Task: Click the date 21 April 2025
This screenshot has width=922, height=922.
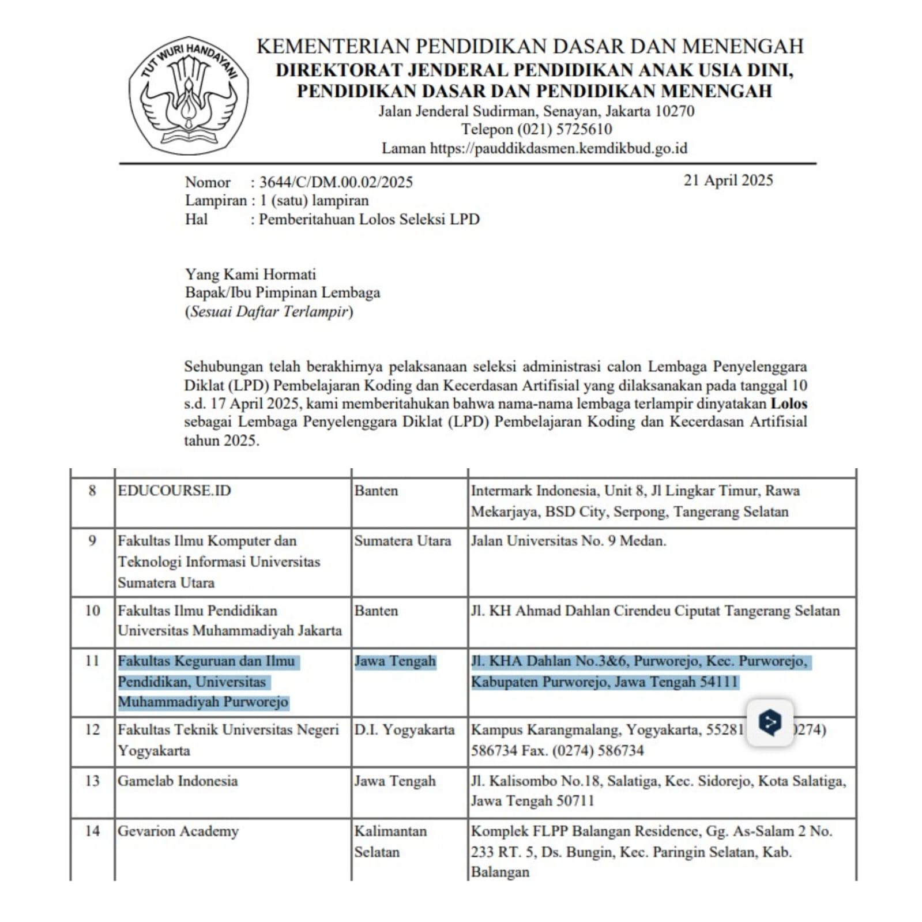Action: [728, 180]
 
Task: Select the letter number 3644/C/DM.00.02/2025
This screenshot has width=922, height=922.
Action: [336, 182]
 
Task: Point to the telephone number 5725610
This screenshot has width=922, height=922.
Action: [584, 129]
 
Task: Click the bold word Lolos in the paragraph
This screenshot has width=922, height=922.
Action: [788, 403]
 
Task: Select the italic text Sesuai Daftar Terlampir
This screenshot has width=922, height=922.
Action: [269, 311]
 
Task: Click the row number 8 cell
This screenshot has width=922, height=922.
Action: [92, 491]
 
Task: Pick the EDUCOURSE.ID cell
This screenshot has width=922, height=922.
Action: [174, 491]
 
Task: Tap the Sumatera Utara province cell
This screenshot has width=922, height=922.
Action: [402, 541]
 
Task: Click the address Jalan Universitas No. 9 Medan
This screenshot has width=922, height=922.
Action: [568, 541]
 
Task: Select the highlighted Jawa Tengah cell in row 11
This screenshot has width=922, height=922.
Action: [395, 661]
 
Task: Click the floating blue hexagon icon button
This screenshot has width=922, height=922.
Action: [770, 722]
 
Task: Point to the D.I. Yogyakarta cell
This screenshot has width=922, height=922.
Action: [404, 730]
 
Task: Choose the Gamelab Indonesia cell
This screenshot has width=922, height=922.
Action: [178, 781]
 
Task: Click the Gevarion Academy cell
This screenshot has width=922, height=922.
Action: [178, 831]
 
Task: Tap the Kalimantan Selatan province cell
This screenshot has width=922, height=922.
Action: [390, 841]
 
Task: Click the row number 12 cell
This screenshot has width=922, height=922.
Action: [92, 730]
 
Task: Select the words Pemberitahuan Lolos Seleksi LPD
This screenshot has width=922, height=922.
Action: [369, 219]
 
